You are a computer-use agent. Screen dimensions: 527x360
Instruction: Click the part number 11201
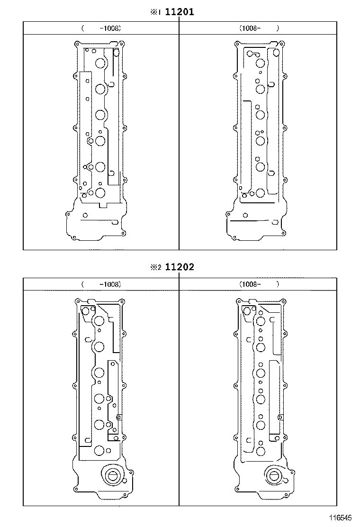pyautogui.click(x=179, y=12)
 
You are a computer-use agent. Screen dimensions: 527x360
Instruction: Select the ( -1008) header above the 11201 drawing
pyautogui.click(x=101, y=28)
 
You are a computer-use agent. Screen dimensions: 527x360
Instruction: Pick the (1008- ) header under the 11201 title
pyautogui.click(x=259, y=28)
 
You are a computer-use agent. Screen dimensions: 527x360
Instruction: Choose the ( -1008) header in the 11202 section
pyautogui.click(x=101, y=284)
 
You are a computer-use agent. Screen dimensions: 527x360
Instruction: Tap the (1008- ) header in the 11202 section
pyautogui.click(x=259, y=284)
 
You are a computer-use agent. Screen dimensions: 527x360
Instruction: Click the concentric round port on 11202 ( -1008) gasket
pyautogui.click(x=113, y=476)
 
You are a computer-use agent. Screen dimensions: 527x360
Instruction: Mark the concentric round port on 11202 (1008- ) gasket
pyautogui.click(x=273, y=476)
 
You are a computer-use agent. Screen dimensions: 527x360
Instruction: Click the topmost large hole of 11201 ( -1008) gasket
pyautogui.click(x=100, y=64)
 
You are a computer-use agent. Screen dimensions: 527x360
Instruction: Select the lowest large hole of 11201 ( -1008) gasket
pyautogui.click(x=100, y=193)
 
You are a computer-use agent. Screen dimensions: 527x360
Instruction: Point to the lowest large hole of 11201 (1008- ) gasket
pyautogui.click(x=260, y=193)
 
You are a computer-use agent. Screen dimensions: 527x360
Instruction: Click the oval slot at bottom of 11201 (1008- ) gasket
pyautogui.click(x=275, y=221)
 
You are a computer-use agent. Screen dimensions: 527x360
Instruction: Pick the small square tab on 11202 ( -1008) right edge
pyautogui.click(x=119, y=417)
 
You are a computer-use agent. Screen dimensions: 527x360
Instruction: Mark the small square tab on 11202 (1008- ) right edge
pyautogui.click(x=280, y=417)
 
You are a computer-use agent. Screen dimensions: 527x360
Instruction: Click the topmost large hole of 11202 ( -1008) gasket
pyautogui.click(x=99, y=321)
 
